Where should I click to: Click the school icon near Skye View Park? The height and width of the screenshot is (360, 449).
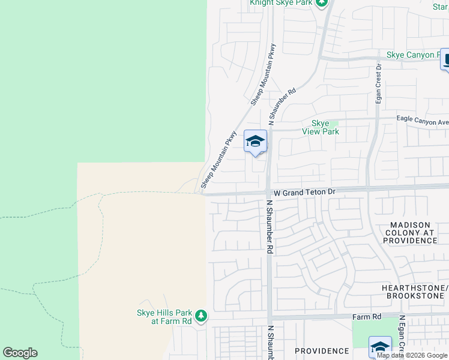(x=255, y=142)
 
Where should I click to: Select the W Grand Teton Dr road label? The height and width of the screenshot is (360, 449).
(x=303, y=193)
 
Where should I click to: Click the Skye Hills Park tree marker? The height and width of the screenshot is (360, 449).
(x=201, y=316)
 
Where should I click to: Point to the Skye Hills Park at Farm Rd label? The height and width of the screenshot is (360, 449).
(x=164, y=317)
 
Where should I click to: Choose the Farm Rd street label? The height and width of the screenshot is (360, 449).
(x=368, y=317)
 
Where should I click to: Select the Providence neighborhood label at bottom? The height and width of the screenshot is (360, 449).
(x=322, y=350)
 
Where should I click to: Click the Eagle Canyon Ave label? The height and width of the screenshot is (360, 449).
(x=423, y=121)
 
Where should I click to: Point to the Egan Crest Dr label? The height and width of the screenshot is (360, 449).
(x=379, y=84)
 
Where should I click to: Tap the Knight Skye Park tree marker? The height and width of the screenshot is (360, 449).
(x=322, y=3)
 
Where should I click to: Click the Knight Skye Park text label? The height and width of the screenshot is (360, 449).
(x=282, y=3)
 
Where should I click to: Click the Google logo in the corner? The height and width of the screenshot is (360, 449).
(x=20, y=353)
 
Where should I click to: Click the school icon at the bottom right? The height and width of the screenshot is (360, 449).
(x=379, y=347)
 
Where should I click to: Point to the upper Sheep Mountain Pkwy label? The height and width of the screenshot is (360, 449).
(x=263, y=74)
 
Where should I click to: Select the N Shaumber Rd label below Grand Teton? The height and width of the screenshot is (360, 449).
(x=270, y=227)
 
